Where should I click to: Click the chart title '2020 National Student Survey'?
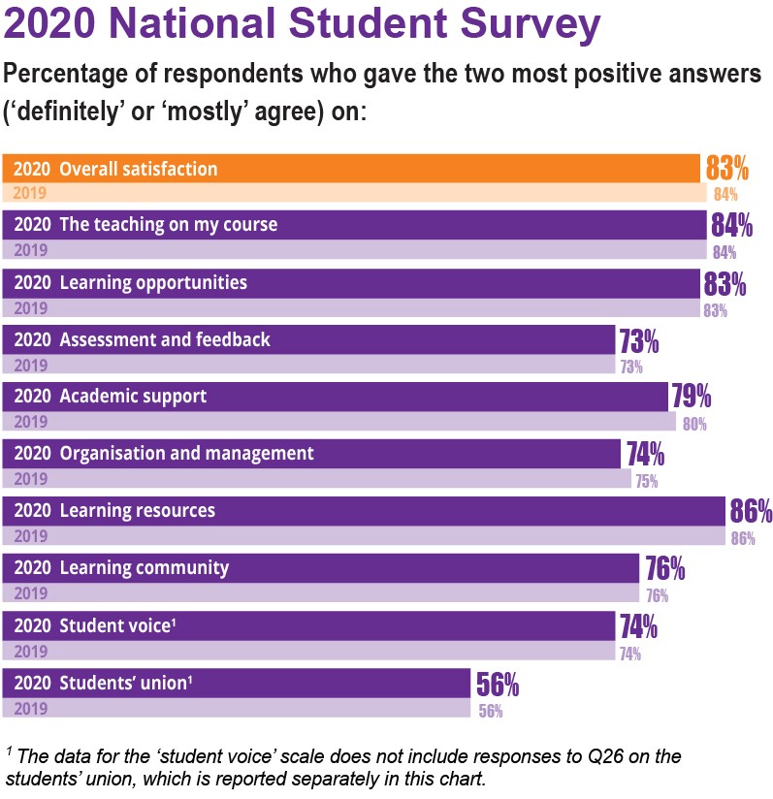302,26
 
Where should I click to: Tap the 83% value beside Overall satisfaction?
727,169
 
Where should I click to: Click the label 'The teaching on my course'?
169,225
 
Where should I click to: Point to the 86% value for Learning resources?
751,511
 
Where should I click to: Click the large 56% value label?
498,686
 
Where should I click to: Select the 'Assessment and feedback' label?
165,339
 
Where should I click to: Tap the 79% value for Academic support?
692,398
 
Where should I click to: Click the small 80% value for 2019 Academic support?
694,423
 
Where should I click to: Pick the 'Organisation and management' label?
187,454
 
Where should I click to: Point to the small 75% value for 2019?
646,480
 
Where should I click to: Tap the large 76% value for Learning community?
665,568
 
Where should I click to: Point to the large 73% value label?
639,341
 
